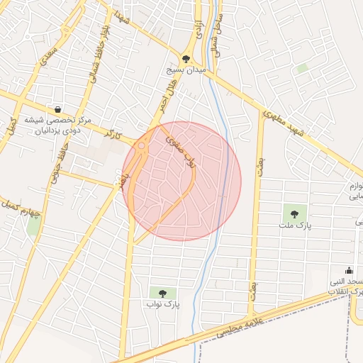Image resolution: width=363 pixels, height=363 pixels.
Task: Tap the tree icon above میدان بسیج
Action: pos(186,59)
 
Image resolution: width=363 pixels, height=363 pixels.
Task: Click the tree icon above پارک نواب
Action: pos(164,293)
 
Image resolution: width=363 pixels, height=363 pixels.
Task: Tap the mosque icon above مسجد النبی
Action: pos(348,270)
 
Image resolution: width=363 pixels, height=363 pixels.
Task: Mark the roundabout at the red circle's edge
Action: pos(141,147)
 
